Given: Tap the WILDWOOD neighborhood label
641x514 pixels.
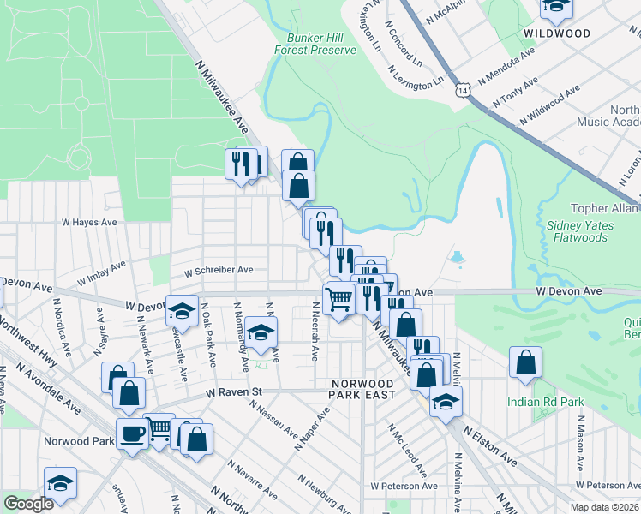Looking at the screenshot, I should coord(557,33).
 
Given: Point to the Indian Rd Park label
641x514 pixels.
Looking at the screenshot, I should coord(545,401).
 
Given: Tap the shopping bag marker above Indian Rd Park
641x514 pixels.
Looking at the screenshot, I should coord(525,362).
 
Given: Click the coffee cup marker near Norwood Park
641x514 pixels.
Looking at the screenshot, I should coord(132,434).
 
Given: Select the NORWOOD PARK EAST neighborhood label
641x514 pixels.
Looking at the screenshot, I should coord(362,389).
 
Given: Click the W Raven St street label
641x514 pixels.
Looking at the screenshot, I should coord(232,392).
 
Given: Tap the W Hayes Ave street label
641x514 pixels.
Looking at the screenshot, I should coord(88,222).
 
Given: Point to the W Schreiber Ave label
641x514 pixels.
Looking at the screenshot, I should coord(219,270).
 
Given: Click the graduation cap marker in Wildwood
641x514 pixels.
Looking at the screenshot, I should coord(555,8).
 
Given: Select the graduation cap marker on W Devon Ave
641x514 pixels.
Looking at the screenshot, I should coord(181,310).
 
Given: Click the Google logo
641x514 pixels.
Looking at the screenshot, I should coord(28,505).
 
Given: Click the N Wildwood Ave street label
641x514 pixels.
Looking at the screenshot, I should coord(548,106).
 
